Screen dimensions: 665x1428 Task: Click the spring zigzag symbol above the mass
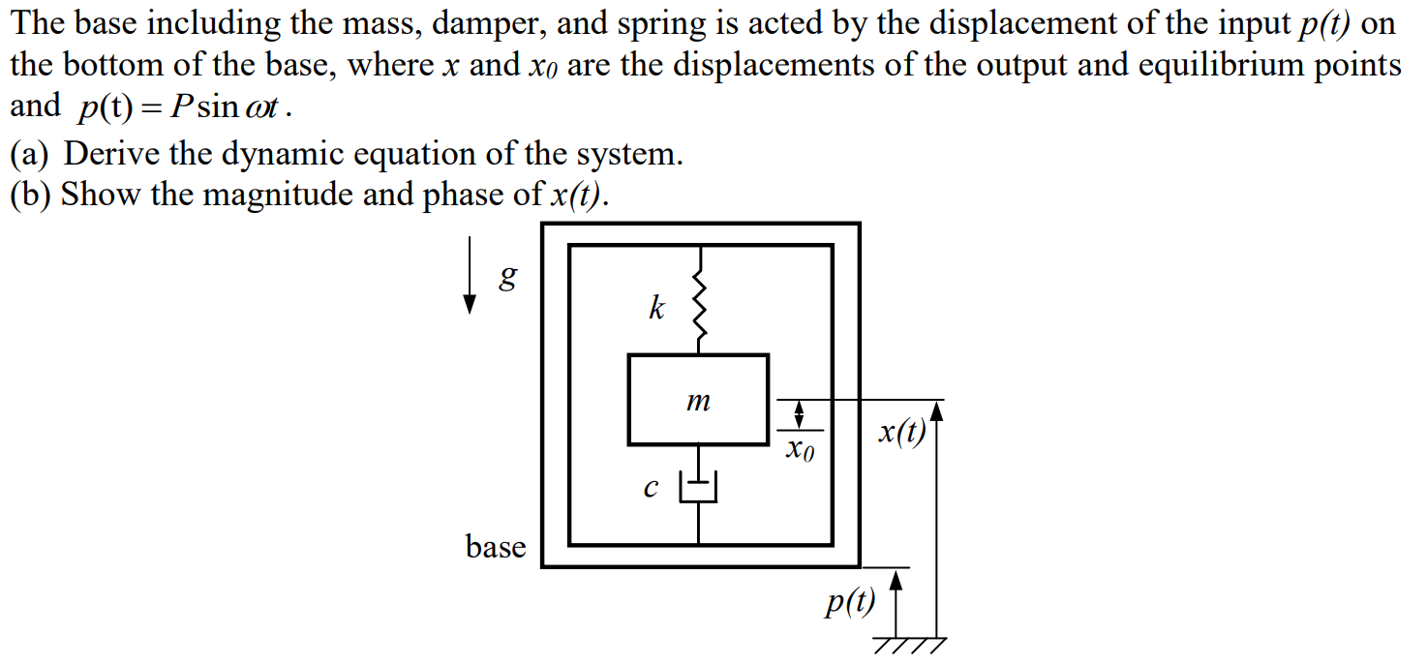coord(699,308)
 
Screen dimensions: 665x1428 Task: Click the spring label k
coord(656,310)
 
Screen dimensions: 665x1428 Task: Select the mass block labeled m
coord(698,400)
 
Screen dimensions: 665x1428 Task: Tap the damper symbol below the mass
coord(699,487)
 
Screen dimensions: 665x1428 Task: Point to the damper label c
coord(652,489)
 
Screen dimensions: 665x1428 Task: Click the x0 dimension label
coord(799,449)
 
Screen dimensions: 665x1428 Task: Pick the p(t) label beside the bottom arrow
coord(849,602)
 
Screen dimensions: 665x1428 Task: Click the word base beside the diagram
coord(496,547)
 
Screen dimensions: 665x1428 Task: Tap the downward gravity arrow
coord(471,282)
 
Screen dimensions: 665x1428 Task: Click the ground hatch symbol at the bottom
coord(910,646)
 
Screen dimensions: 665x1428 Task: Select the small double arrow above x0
coord(799,415)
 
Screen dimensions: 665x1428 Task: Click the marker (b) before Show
coord(31,195)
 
